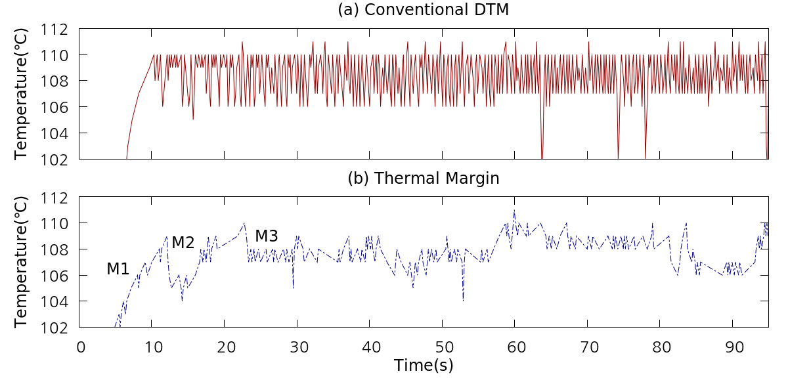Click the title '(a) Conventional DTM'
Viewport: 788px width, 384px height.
coord(423,10)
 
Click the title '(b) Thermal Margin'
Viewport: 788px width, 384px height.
coord(423,179)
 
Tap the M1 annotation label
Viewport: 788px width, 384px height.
coord(118,268)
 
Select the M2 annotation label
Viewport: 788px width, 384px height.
coord(183,242)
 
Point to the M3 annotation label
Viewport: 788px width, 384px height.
coord(267,236)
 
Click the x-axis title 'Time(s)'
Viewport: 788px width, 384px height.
coord(424,366)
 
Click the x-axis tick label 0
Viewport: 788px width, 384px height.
coord(80,346)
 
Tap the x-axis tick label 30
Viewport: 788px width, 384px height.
coord(297,346)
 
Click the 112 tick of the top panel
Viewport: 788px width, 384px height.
coord(55,30)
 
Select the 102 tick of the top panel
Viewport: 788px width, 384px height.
coord(55,159)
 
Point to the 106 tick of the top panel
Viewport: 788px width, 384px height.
coord(55,107)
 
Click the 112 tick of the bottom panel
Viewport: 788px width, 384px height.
coord(55,198)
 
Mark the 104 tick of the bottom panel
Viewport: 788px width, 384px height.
coord(55,301)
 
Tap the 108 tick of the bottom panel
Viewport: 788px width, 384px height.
coord(55,249)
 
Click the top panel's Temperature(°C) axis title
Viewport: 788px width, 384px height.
coord(22,94)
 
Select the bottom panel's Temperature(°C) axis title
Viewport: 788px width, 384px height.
coord(22,262)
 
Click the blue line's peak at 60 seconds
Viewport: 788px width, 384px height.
coord(514,211)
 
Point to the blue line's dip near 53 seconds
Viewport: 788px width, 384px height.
coord(463,301)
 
